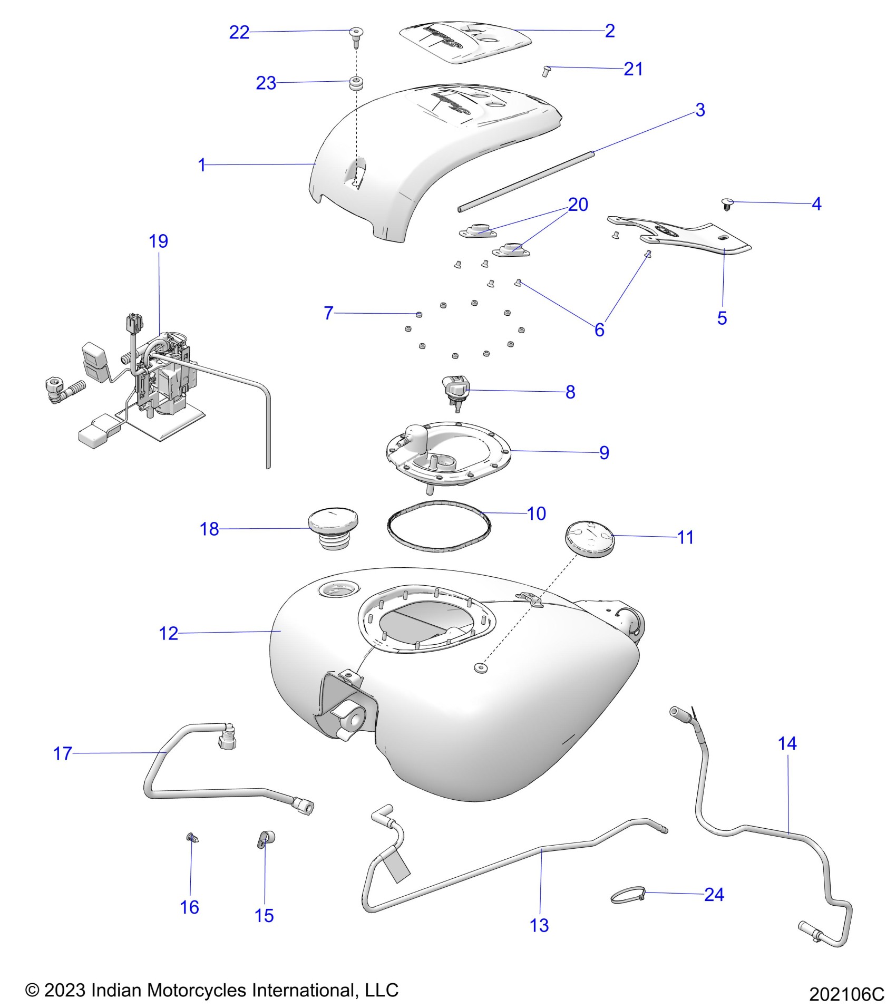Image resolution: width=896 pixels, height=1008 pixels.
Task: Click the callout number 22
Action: [239, 33]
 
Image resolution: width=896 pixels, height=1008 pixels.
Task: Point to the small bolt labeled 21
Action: [546, 70]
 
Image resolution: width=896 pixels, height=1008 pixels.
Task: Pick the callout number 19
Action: [158, 241]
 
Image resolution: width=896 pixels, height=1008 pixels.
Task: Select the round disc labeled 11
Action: [590, 537]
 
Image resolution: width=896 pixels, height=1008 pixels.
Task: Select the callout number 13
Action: [539, 925]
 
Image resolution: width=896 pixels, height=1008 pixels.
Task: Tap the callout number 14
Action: [787, 744]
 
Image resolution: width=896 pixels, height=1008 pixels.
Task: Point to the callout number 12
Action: [169, 633]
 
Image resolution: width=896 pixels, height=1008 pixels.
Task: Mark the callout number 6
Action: [599, 330]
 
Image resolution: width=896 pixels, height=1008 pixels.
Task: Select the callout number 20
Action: [578, 205]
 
